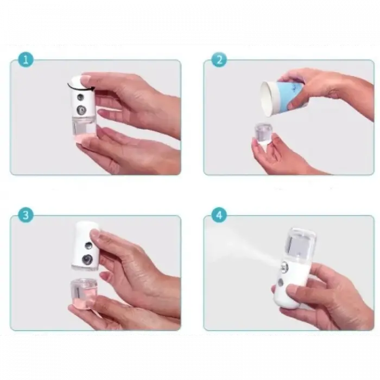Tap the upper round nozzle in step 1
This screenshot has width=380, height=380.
point(81,97)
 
